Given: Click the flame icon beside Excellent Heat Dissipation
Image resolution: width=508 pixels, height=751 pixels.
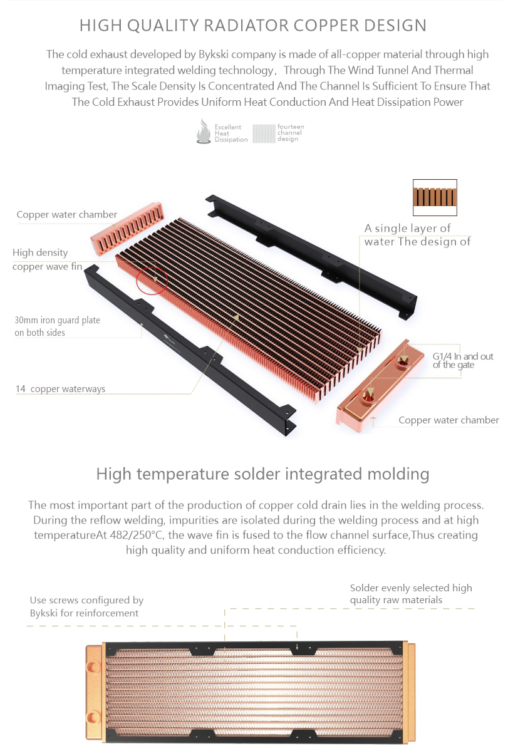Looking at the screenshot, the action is (x=204, y=132).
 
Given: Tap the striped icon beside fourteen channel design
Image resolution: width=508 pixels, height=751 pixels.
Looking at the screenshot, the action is (x=264, y=133).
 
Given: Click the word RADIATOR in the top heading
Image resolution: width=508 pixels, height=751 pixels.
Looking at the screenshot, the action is (x=246, y=26).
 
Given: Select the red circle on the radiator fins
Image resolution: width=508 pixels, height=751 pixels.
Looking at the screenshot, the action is (x=152, y=280).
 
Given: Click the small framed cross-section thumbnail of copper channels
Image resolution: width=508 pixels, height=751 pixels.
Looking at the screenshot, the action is (x=435, y=197).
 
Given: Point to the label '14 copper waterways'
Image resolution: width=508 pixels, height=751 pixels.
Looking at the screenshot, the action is (x=60, y=389).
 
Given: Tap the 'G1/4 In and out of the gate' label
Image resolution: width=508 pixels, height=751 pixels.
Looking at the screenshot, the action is (x=462, y=361).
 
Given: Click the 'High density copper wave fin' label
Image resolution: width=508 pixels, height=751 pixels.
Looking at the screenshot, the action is (x=47, y=259).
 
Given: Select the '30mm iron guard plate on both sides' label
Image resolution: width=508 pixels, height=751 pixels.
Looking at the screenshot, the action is (x=57, y=326).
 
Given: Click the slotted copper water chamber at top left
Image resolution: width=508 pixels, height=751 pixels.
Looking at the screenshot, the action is (x=127, y=229).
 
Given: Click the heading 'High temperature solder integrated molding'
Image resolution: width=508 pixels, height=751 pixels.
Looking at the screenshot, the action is (x=262, y=474).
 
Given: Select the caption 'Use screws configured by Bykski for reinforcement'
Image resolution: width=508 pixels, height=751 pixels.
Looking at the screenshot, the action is (x=86, y=606).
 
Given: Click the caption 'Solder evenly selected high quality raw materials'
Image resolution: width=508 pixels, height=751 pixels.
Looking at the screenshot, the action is (x=411, y=594).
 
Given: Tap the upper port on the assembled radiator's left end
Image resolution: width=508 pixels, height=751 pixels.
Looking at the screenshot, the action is (x=93, y=666).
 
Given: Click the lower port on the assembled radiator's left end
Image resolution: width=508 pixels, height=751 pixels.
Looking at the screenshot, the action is (x=93, y=717).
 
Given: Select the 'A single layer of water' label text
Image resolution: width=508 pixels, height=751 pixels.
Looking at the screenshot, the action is (x=407, y=235).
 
